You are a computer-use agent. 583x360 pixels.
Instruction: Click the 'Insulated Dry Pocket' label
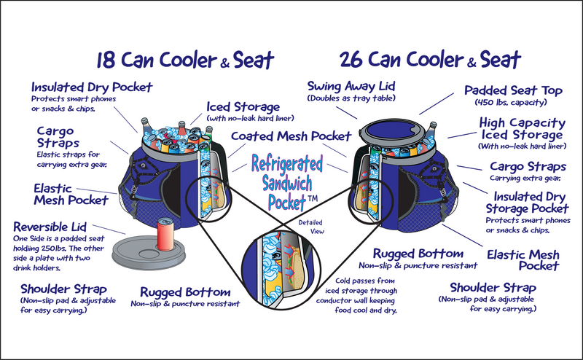click(90, 87)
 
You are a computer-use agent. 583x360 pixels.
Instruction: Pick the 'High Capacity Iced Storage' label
click(521, 129)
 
